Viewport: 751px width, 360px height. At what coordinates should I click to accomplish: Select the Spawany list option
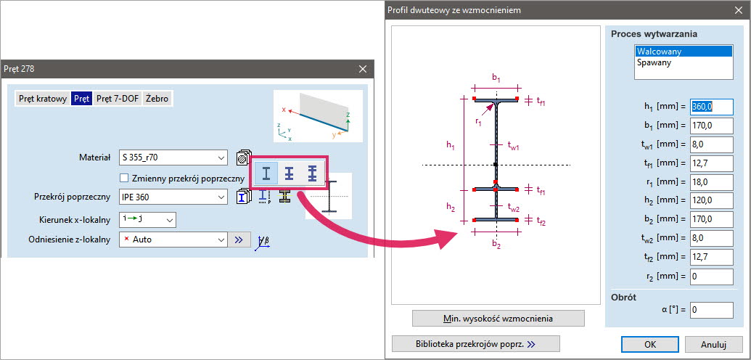click(654, 62)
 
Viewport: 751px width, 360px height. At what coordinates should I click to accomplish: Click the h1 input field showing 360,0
click(711, 107)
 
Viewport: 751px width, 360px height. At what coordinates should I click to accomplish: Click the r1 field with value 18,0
click(711, 182)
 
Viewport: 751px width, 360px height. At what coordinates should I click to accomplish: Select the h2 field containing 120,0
click(711, 201)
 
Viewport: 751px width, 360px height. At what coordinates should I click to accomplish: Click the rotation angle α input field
click(711, 310)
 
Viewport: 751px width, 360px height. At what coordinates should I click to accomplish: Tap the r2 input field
click(711, 277)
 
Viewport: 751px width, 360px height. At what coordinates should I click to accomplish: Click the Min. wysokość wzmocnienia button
click(498, 319)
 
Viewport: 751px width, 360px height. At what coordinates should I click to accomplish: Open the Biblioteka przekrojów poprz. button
click(475, 344)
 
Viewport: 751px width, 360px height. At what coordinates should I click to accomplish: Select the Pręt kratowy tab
click(43, 99)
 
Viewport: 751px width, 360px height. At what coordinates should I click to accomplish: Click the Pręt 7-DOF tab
click(118, 99)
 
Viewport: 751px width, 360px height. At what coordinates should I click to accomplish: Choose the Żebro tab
click(157, 99)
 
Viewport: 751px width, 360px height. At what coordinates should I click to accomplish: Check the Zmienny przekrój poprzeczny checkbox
click(125, 179)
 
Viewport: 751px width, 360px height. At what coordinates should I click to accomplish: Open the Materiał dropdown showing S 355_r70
click(173, 157)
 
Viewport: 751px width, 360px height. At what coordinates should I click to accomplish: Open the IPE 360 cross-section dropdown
click(173, 197)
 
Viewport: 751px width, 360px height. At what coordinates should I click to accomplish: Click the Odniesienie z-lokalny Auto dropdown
click(173, 240)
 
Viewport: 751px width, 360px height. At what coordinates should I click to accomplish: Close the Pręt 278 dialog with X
click(363, 69)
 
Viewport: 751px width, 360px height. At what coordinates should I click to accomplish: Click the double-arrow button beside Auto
click(239, 240)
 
